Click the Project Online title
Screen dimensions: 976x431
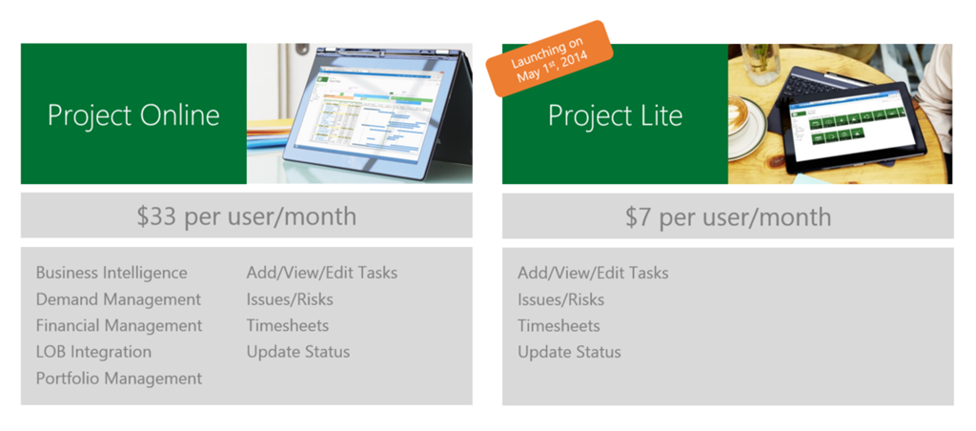tap(133, 115)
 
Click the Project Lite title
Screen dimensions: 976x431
tap(615, 115)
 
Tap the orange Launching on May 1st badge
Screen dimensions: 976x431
tap(550, 59)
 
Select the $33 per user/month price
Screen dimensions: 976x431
tap(247, 216)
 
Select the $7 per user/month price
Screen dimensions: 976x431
tap(727, 216)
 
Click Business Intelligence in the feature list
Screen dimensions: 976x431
tap(112, 273)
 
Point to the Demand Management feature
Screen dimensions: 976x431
tap(118, 299)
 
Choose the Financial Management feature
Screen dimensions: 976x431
tap(119, 326)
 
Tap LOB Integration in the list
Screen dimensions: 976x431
tap(93, 352)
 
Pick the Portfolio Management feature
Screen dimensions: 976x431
tap(119, 378)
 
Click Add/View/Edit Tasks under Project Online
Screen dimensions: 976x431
tap(322, 273)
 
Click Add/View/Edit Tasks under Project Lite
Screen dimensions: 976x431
tap(593, 274)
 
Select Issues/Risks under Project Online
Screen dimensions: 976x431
tap(290, 299)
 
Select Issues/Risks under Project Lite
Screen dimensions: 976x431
tap(560, 300)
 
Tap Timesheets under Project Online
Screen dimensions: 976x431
tap(288, 326)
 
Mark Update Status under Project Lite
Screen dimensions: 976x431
tap(570, 353)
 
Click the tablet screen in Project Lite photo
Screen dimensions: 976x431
tap(852, 129)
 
